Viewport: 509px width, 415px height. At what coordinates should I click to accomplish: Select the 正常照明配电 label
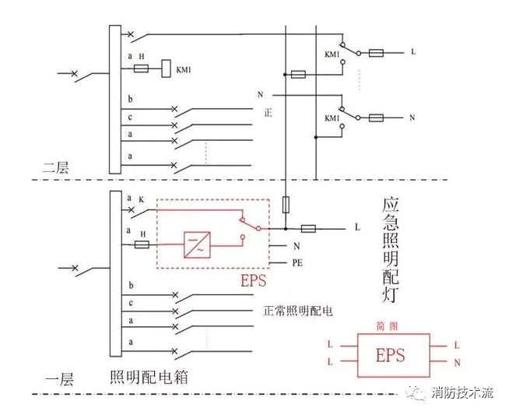pyautogui.click(x=298, y=311)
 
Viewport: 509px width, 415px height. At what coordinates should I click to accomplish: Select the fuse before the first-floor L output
pyautogui.click(x=308, y=229)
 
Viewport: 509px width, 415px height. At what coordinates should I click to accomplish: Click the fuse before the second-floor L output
pyautogui.click(x=376, y=54)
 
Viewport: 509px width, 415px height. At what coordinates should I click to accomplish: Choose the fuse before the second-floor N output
pyautogui.click(x=376, y=118)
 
